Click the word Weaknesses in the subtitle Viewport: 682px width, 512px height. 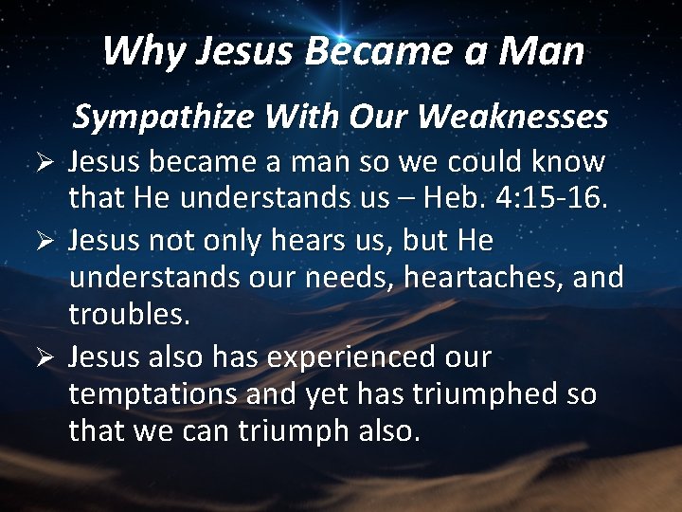[517, 118]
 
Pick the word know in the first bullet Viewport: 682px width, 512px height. [568, 162]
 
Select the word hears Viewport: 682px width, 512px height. [282, 241]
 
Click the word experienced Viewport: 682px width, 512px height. [354, 358]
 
